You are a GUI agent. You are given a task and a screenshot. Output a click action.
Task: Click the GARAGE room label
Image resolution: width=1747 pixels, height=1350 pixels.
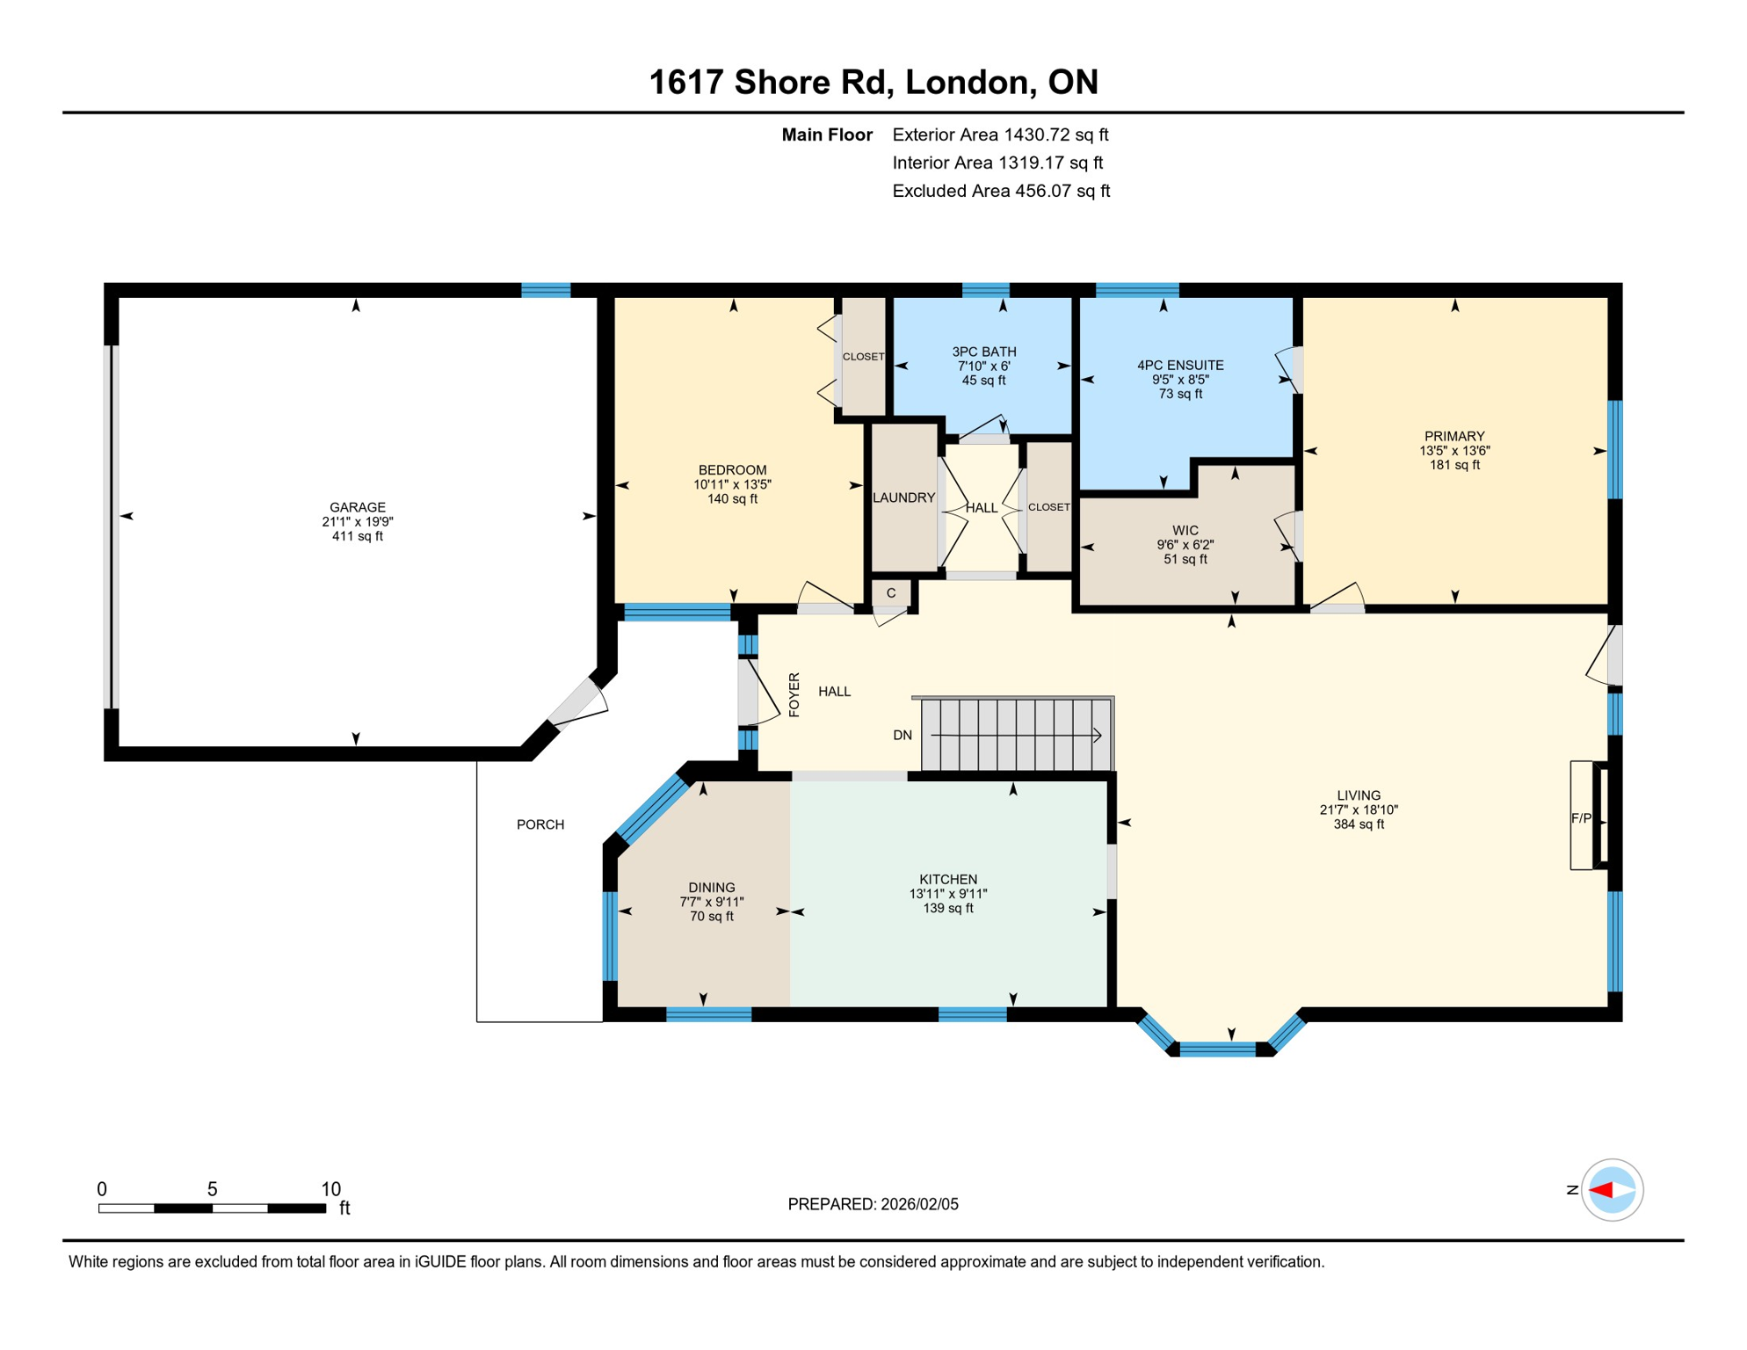click(x=357, y=507)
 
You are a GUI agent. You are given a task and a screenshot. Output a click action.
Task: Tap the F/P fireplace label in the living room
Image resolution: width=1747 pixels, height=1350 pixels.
click(x=1580, y=818)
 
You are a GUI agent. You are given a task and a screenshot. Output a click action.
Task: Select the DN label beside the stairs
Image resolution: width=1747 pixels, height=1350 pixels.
click(x=902, y=735)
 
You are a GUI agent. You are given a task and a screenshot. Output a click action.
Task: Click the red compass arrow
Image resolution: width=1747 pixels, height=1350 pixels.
click(x=1600, y=1190)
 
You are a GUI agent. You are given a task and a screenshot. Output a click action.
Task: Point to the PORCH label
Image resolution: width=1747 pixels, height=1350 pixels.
click(x=540, y=824)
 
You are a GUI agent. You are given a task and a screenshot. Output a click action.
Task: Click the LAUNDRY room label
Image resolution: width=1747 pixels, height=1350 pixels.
click(x=903, y=497)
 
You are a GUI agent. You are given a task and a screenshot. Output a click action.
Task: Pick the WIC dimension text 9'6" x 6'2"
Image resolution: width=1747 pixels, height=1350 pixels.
click(x=1185, y=545)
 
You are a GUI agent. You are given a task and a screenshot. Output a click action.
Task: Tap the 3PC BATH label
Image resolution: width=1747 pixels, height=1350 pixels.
click(x=983, y=352)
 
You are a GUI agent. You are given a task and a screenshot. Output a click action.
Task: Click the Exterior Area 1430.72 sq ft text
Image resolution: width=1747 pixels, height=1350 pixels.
click(x=1000, y=134)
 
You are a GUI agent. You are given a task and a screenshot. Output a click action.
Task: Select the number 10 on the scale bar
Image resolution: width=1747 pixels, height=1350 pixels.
click(x=330, y=1189)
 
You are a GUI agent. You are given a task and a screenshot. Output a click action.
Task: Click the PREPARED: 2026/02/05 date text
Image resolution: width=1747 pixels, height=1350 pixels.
click(x=873, y=1204)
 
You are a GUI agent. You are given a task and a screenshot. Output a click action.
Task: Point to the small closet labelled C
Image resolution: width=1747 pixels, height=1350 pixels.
click(x=891, y=593)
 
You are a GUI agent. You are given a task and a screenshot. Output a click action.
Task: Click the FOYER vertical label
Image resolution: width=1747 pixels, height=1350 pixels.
click(x=794, y=694)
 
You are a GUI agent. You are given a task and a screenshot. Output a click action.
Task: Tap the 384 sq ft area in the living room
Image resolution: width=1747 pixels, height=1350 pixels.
click(x=1359, y=824)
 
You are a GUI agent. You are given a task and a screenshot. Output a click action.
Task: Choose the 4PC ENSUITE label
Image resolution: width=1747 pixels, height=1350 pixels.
click(x=1180, y=365)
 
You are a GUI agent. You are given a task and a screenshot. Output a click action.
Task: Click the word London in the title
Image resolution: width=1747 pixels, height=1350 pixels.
click(x=966, y=82)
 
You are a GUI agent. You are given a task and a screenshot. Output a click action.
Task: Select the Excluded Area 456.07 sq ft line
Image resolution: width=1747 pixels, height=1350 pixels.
click(x=1001, y=191)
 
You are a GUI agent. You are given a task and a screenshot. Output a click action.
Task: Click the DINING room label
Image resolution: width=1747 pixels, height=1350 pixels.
click(x=711, y=888)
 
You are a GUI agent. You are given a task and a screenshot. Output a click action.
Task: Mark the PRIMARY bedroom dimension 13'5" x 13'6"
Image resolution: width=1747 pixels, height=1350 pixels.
click(x=1454, y=451)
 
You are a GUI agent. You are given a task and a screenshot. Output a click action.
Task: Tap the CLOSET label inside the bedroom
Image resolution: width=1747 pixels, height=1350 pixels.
click(x=863, y=357)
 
